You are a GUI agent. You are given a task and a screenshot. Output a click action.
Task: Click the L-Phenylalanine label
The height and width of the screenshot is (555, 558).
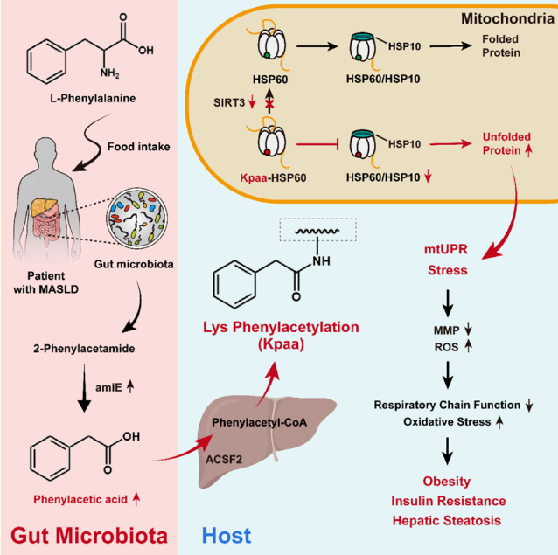(93, 98)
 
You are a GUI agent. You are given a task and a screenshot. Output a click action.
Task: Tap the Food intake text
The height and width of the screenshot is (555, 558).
(138, 147)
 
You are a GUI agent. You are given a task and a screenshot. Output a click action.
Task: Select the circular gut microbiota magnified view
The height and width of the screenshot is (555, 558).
(137, 218)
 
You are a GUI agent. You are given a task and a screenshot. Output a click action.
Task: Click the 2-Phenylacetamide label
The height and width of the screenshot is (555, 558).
(84, 349)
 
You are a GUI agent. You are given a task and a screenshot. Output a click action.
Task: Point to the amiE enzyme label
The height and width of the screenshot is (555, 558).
(108, 387)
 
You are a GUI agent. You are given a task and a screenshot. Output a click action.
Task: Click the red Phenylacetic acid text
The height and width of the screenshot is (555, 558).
(80, 500)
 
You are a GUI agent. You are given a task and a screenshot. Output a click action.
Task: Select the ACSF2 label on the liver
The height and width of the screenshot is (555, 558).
(224, 460)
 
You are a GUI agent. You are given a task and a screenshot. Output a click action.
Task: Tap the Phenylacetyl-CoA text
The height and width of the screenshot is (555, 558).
(259, 422)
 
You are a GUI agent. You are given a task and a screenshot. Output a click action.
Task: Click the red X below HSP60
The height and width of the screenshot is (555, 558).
(269, 105)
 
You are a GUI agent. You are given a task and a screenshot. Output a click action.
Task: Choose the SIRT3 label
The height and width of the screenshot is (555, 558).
(229, 103)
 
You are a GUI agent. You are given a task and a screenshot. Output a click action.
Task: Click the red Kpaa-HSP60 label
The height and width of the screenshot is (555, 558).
(273, 177)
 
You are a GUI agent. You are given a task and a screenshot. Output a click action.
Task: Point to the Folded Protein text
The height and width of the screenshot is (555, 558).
(501, 45)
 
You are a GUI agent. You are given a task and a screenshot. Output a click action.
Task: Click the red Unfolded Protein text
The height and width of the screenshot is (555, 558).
(506, 143)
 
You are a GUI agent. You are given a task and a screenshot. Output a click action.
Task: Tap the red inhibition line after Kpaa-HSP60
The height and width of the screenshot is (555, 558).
(317, 144)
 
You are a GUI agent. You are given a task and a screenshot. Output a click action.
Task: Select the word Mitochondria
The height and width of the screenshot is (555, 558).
(507, 18)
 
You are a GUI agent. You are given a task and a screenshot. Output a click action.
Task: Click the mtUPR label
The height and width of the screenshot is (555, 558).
(446, 249)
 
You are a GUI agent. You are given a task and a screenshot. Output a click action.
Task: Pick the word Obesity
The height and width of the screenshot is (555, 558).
(447, 481)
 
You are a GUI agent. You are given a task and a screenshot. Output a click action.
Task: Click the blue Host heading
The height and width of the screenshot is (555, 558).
(227, 536)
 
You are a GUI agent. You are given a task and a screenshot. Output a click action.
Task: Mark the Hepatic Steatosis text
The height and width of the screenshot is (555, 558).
(447, 521)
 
